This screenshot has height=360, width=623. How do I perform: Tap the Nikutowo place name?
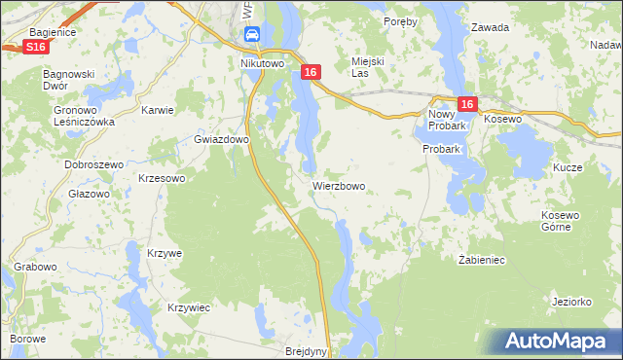[261, 63]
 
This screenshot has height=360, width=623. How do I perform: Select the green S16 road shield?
[36, 47]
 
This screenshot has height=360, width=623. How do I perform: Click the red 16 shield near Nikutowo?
[311, 72]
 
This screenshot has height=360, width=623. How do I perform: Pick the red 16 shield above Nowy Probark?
[467, 105]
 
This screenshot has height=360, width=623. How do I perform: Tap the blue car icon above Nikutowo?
[252, 36]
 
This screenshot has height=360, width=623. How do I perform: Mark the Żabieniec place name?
[481, 260]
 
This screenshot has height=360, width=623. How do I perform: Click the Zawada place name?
[490, 27]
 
